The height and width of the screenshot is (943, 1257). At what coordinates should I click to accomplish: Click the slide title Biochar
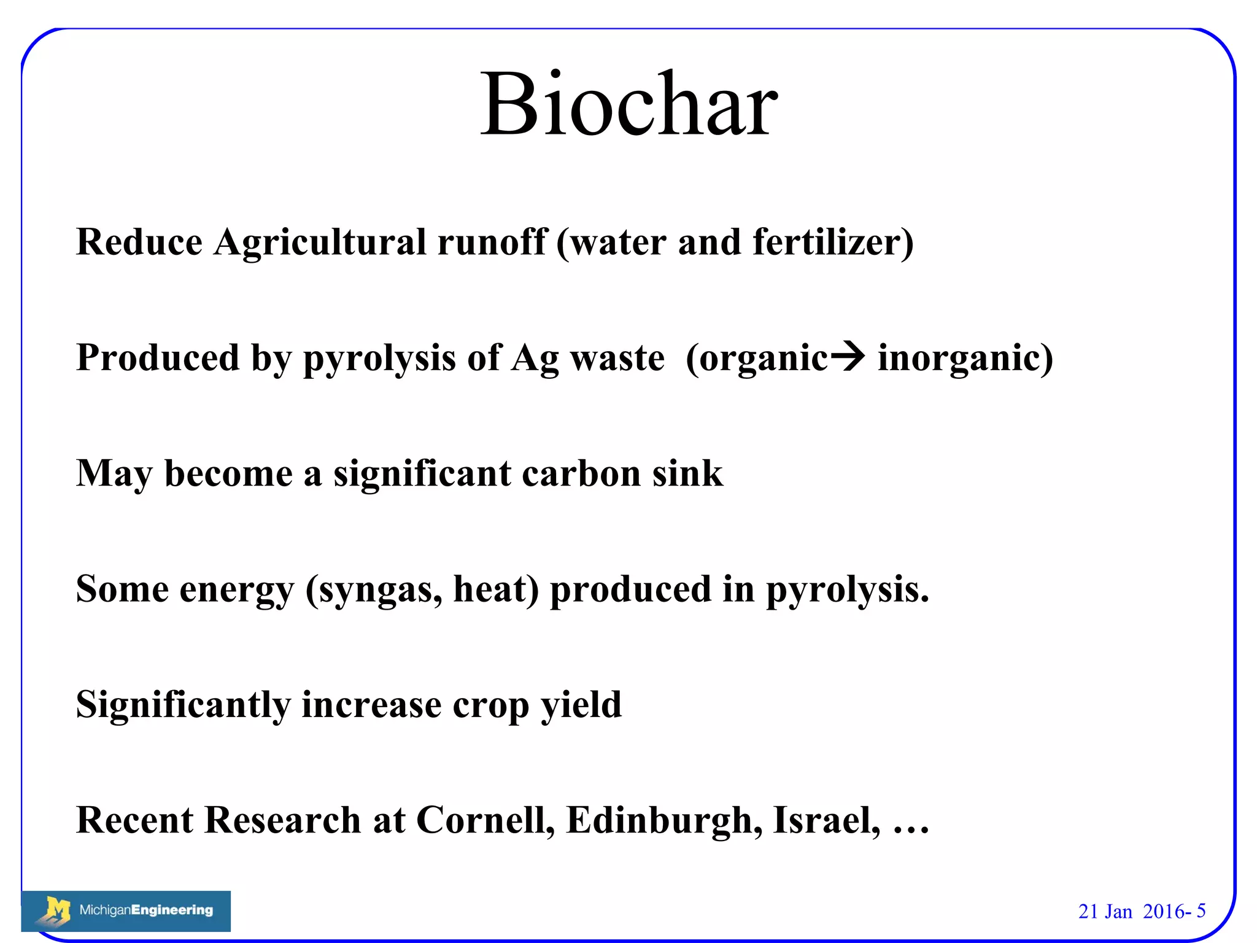point(628,104)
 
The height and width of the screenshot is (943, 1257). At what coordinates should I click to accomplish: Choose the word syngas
point(375,589)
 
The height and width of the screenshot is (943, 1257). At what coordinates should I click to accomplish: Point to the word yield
point(581,705)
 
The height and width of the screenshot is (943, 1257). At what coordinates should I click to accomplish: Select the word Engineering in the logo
point(172,910)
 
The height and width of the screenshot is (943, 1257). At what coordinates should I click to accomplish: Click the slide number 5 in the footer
point(1201,910)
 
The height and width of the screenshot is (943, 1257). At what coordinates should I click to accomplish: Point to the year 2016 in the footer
point(1163,911)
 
